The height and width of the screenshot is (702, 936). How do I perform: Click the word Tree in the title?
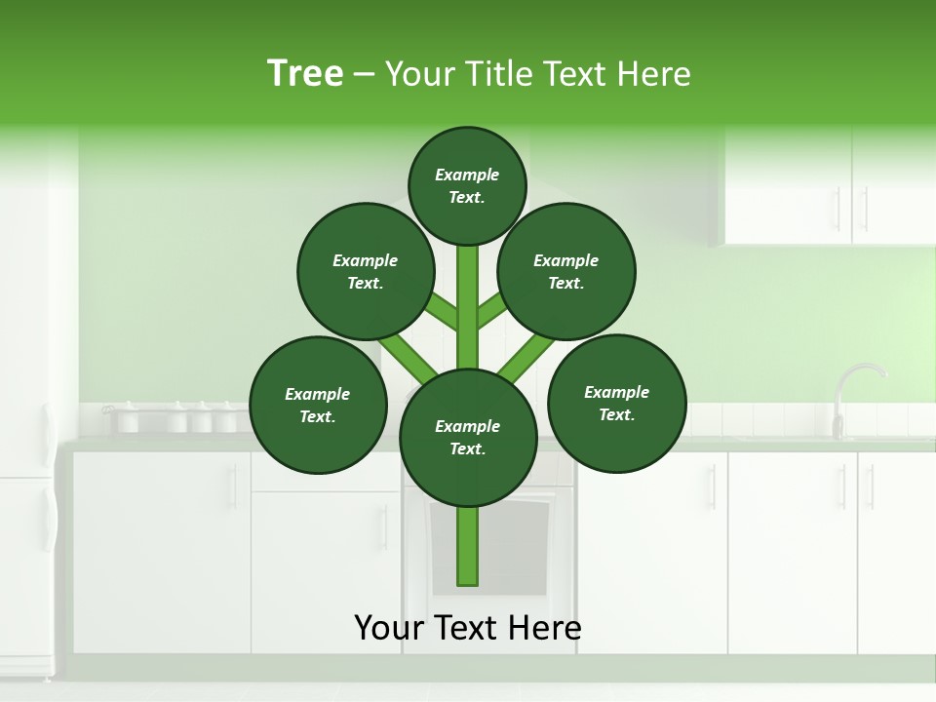click(305, 73)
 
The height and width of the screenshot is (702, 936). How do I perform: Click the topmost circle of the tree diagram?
click(467, 185)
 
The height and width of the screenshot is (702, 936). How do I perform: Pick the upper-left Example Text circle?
click(366, 271)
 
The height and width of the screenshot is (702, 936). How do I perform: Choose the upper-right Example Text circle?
click(566, 271)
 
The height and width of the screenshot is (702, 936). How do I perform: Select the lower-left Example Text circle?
click(318, 405)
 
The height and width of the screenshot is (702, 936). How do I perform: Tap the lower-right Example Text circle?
click(617, 403)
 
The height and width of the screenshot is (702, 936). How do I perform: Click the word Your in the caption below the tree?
click(388, 628)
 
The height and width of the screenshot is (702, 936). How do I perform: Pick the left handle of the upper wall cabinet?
click(837, 208)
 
